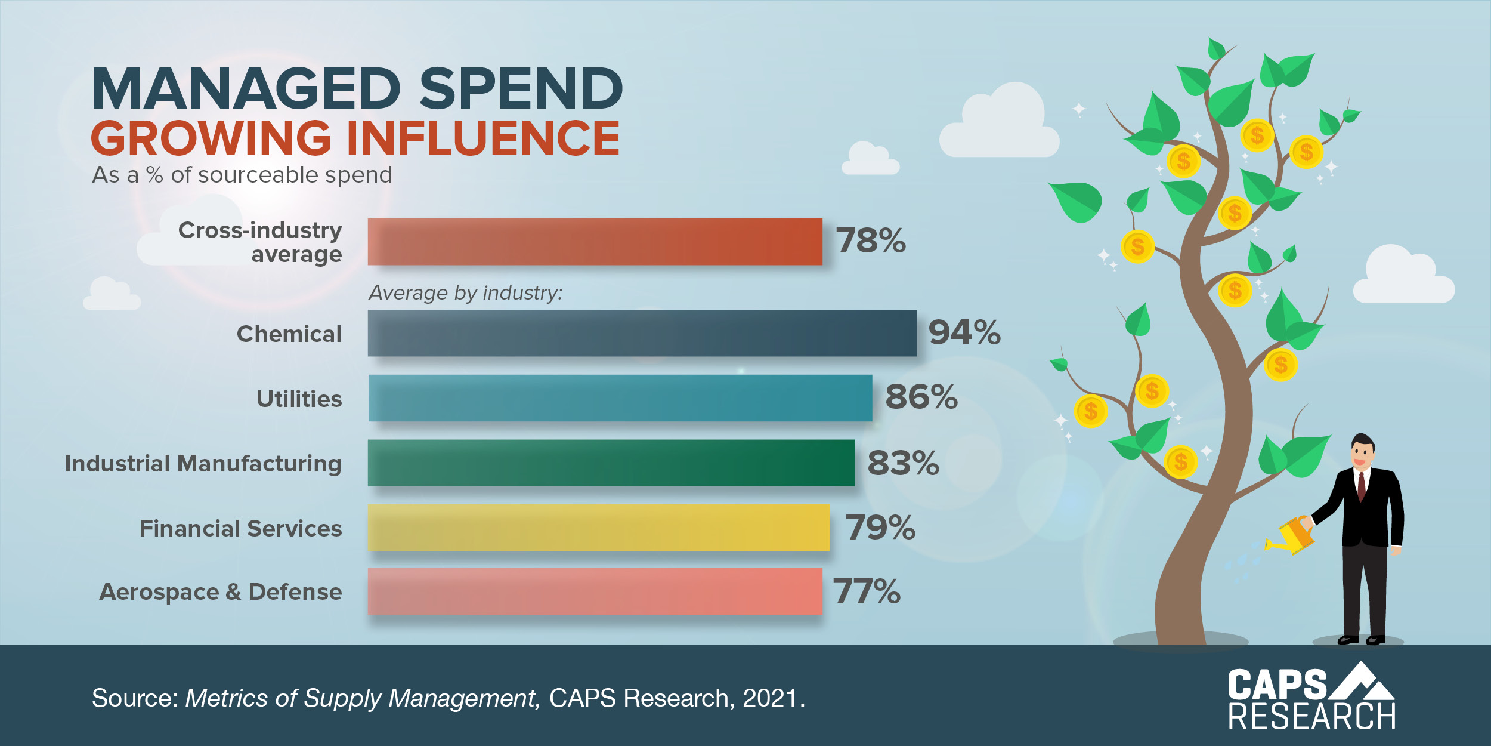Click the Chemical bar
coord(642,333)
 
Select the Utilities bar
coord(620,398)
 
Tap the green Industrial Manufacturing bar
coord(611,463)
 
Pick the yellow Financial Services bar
coord(599,528)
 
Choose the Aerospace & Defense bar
coord(595,591)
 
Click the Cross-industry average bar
coord(595,242)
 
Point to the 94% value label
coord(964,332)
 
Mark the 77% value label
coord(867,591)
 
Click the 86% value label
coord(921,397)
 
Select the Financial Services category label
coord(240,529)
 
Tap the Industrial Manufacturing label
coord(203,464)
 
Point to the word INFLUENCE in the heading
coord(483,138)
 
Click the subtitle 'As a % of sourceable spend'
coord(242,175)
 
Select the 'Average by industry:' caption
coord(465,293)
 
